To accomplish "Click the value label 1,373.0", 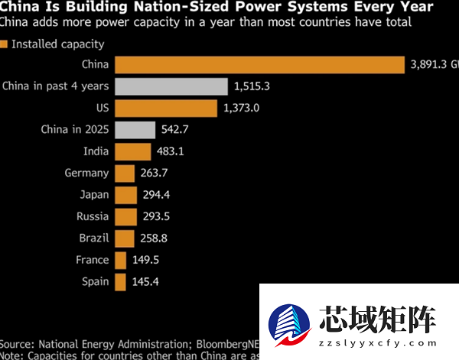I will tap(242, 108).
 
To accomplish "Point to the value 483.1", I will tap(171, 151).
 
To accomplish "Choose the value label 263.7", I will tap(155, 174).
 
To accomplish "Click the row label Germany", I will tap(86, 174).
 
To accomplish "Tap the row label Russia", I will tap(92, 216).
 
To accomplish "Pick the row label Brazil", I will tap(93, 238).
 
